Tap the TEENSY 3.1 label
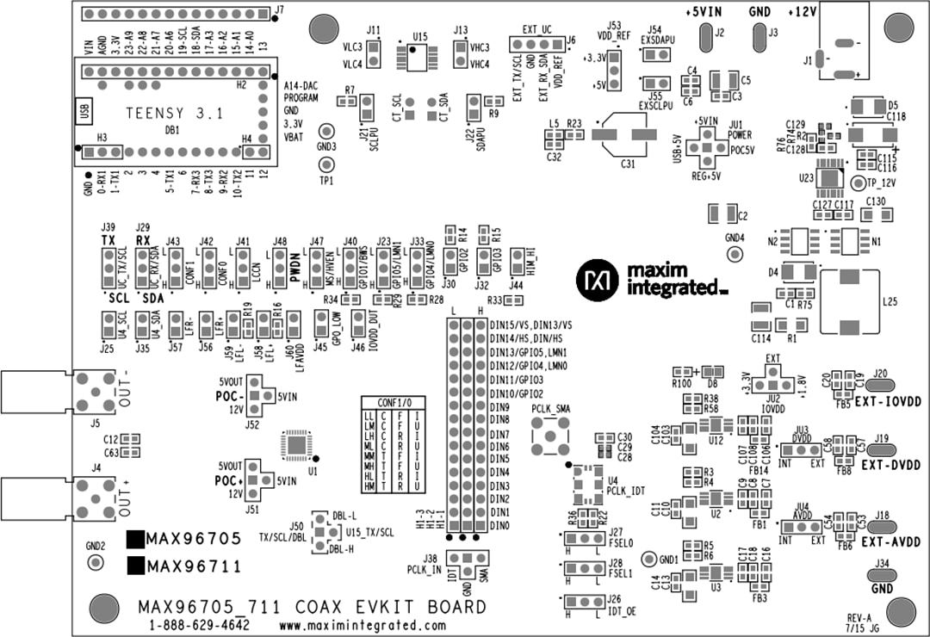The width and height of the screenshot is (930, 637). [x=167, y=113]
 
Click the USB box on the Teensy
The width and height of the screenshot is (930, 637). [x=84, y=112]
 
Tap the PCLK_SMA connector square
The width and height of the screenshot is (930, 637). [x=546, y=436]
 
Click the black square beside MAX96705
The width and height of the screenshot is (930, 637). [x=135, y=540]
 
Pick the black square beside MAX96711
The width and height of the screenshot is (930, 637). [x=135, y=566]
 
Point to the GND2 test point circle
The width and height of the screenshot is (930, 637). [x=96, y=562]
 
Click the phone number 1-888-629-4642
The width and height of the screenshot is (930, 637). [x=199, y=625]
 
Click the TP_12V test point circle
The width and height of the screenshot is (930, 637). [x=858, y=183]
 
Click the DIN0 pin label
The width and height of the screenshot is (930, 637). [x=499, y=524]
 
